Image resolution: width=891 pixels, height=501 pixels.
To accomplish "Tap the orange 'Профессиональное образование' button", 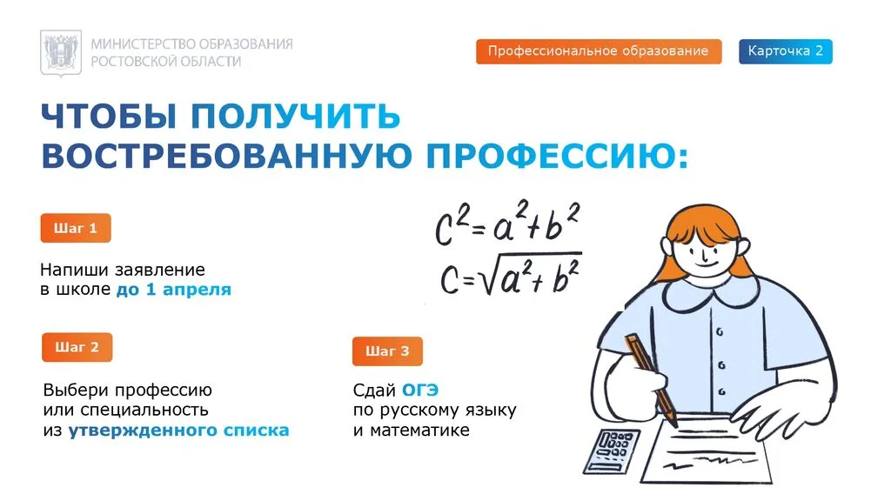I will point(598,51).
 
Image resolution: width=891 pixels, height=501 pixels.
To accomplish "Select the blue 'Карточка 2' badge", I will point(785,51).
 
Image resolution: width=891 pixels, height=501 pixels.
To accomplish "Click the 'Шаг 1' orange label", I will point(76,229).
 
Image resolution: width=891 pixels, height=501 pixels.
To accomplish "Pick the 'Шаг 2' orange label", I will point(77,348).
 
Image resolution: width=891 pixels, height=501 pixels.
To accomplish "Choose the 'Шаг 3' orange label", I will point(387,351).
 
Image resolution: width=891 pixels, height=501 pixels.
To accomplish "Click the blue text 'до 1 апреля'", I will point(174,290).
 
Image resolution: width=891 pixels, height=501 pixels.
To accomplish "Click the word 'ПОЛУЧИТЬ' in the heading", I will point(296,117).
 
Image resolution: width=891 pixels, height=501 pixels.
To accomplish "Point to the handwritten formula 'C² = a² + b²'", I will point(507,224).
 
